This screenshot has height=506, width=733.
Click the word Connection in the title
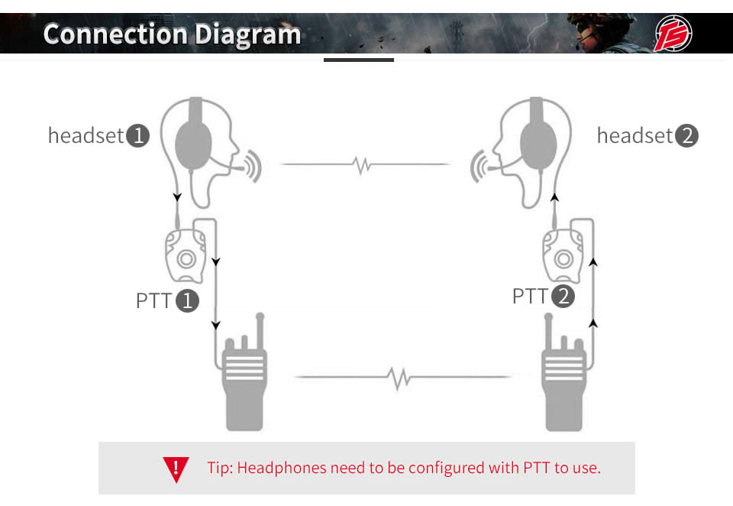pyautogui.click(x=116, y=34)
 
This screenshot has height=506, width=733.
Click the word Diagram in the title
pyautogui.click(x=247, y=35)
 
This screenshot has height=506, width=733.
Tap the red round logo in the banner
pyautogui.click(x=673, y=33)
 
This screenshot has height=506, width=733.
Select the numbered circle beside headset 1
pyautogui.click(x=138, y=136)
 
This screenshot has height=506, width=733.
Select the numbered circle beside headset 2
pyautogui.click(x=686, y=136)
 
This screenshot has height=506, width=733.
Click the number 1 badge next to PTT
pyautogui.click(x=188, y=300)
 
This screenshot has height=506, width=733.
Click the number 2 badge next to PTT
pyautogui.click(x=563, y=296)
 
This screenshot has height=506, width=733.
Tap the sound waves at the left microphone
pyautogui.click(x=253, y=166)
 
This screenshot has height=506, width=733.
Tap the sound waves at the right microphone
pyautogui.click(x=479, y=166)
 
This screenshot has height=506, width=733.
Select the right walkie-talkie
pyautogui.click(x=563, y=372)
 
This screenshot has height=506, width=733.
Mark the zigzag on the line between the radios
pyautogui.click(x=399, y=378)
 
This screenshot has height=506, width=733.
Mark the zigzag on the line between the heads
pyautogui.click(x=362, y=165)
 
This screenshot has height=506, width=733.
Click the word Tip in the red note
pyautogui.click(x=219, y=468)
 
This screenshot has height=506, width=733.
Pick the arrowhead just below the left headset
pyautogui.click(x=177, y=196)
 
